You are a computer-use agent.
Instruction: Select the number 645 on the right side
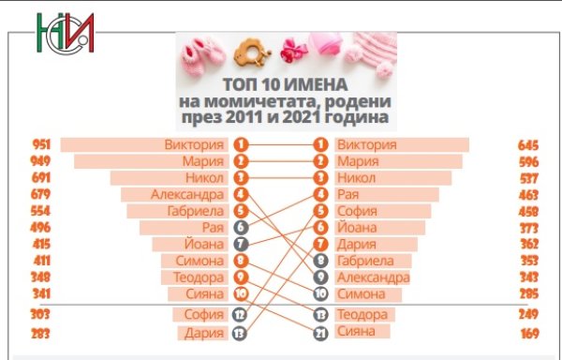(x=530, y=145)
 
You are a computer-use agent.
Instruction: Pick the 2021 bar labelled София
(x=375, y=212)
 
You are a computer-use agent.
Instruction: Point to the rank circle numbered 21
(x=320, y=332)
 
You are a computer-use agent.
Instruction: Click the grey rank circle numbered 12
(x=241, y=315)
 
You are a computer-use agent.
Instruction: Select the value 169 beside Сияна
(x=530, y=333)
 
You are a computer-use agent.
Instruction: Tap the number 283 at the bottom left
(x=39, y=333)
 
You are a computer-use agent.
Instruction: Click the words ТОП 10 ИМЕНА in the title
(x=286, y=84)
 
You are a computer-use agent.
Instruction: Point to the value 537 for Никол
(x=530, y=178)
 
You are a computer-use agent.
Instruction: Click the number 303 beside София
(x=39, y=315)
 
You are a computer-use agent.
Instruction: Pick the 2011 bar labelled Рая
(x=197, y=228)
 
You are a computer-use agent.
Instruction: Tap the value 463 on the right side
(x=530, y=195)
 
